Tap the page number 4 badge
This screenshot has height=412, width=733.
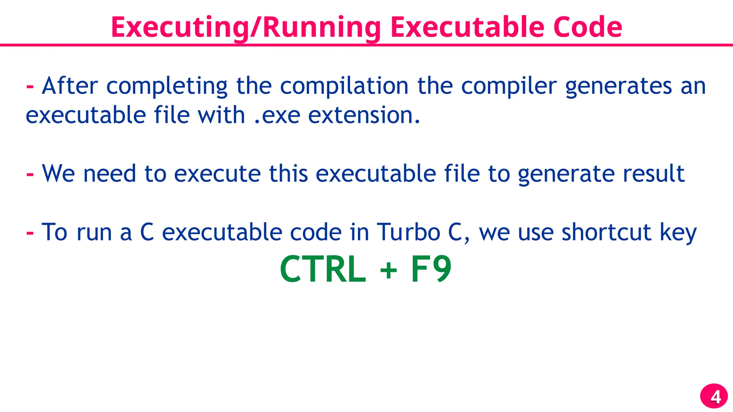[x=714, y=396]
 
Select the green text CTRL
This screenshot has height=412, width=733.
[x=323, y=269]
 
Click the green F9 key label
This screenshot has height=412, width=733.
[x=431, y=269]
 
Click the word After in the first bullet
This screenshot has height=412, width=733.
[x=70, y=86]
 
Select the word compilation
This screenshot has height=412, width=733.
[x=344, y=86]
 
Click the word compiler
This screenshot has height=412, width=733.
[x=509, y=86]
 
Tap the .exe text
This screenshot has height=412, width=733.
[x=277, y=116]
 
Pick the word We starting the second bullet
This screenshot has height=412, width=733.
[x=58, y=173]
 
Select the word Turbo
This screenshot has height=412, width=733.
[x=408, y=232]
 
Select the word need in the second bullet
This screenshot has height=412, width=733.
[x=110, y=173]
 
